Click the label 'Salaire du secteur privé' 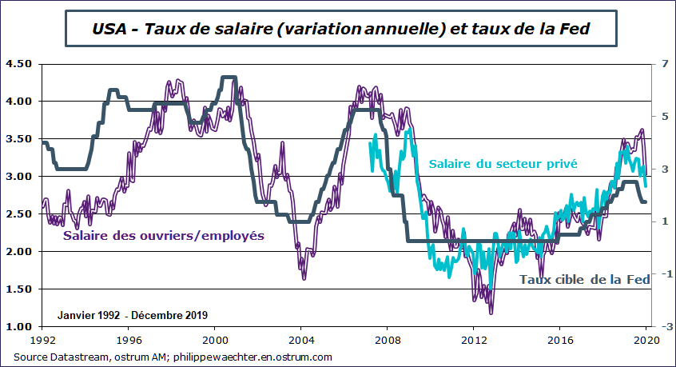tap(503, 164)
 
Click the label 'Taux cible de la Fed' tap(583, 280)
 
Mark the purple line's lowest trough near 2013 tap(491, 312)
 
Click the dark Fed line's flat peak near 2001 tap(229, 78)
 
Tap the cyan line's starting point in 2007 tap(369, 144)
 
